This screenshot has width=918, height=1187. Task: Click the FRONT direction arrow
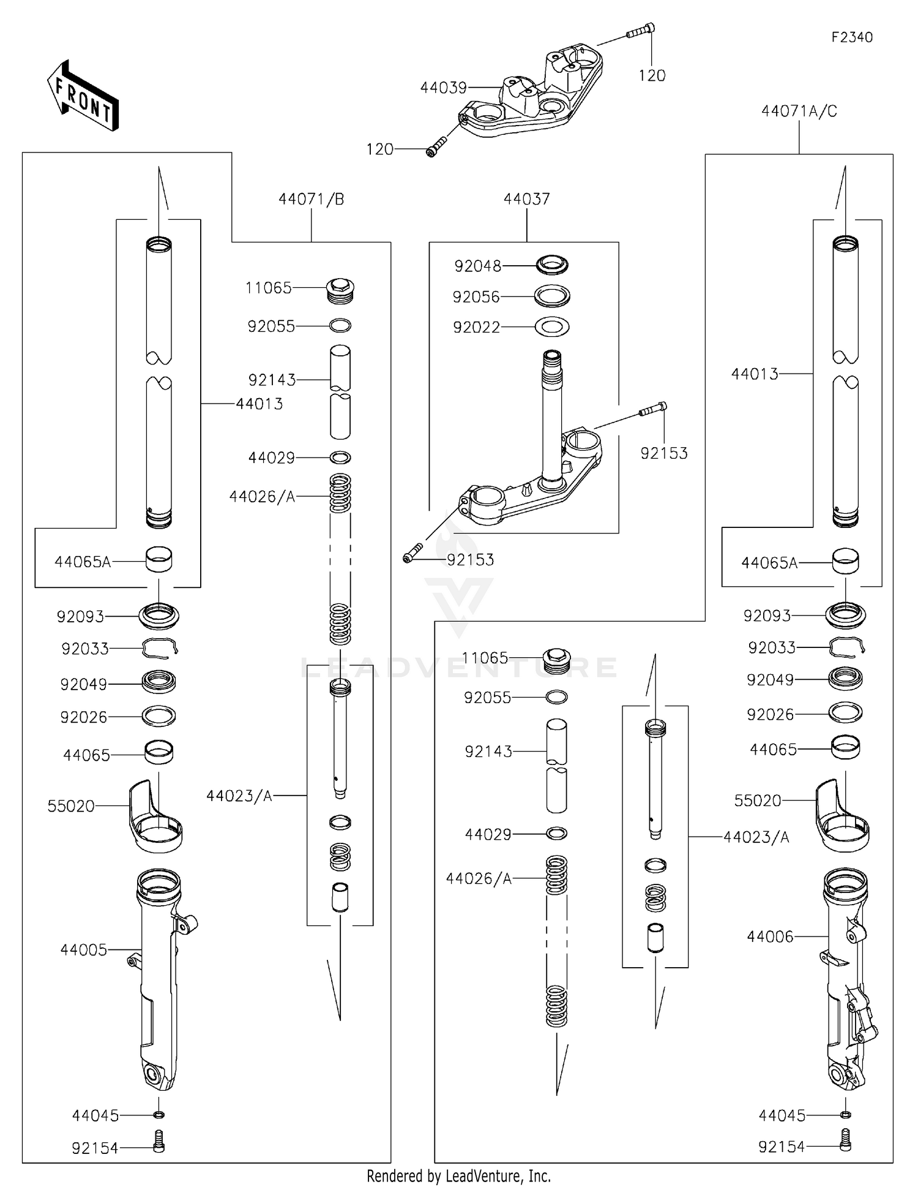coord(83,97)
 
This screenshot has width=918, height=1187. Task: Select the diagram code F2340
coord(851,37)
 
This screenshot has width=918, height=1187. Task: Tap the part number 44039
coord(443,88)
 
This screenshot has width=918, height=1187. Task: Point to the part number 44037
coord(526,199)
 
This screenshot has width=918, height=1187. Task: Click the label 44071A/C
coord(799,111)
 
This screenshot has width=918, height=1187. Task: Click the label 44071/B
coord(311,199)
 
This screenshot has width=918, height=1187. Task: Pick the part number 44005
coord(83,950)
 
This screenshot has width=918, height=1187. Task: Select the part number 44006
coord(769,936)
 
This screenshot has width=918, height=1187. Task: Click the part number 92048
coord(477,266)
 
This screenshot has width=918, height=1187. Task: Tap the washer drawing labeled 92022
coord(552,327)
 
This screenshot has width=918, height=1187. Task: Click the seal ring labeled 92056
coord(552,296)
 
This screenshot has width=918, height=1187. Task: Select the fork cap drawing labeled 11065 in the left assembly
coord(341,290)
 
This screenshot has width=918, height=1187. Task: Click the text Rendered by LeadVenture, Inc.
coord(458,1176)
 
